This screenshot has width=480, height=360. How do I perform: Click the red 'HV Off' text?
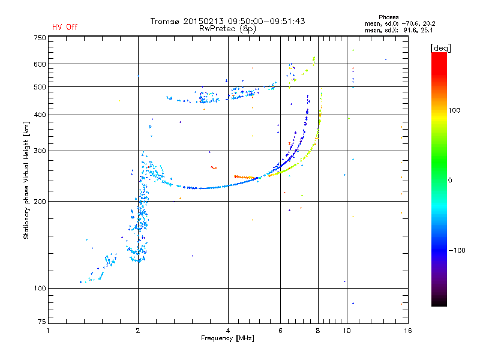(65, 27)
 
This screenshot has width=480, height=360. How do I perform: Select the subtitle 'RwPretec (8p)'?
(227, 29)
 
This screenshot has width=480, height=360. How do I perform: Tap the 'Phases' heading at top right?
(388, 17)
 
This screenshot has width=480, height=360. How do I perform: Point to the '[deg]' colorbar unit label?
(440, 48)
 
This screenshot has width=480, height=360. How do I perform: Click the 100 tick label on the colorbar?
(454, 110)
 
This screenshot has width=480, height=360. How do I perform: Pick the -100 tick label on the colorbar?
(457, 250)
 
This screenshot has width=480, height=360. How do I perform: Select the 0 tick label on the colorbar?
(450, 181)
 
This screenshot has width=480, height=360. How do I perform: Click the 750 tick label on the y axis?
(40, 38)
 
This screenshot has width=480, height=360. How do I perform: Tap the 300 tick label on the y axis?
(40, 151)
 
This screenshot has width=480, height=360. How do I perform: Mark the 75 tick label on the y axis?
(42, 322)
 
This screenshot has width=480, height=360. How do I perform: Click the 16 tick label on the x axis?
(408, 331)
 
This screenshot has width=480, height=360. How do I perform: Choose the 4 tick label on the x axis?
(228, 331)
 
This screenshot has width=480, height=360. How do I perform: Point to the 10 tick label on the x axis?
(347, 331)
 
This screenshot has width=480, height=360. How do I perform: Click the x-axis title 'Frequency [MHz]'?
(227, 338)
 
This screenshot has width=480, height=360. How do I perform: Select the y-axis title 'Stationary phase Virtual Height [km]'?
(26, 181)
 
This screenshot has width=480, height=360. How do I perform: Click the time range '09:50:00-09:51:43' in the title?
(266, 21)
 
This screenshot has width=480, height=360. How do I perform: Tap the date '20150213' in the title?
(203, 21)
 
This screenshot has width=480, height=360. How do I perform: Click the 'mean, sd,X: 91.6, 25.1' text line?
(399, 31)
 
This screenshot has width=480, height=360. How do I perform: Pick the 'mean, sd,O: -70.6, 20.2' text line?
(400, 23)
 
